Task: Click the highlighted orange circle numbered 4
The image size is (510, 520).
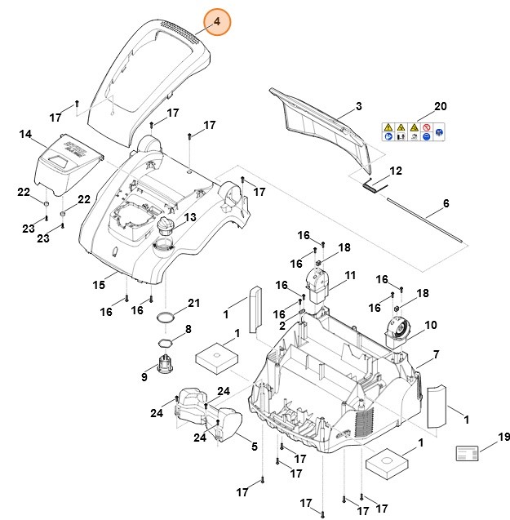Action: click(x=218, y=24)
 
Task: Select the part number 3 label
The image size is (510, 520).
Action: click(x=357, y=108)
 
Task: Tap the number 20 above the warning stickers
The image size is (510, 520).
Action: click(x=441, y=107)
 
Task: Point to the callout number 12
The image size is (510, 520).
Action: click(x=396, y=171)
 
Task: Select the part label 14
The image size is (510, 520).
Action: click(x=25, y=134)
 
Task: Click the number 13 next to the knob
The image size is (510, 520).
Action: click(x=189, y=218)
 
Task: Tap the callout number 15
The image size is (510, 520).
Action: click(x=99, y=285)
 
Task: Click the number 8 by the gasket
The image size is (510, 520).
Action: click(x=188, y=329)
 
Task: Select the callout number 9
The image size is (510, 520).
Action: click(x=144, y=377)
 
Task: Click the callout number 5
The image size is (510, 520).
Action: click(x=254, y=447)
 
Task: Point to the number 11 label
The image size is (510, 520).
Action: click(x=350, y=276)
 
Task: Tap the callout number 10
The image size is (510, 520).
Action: click(x=430, y=325)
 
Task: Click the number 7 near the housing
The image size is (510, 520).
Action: click(x=436, y=355)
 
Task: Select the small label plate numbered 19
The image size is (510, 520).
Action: click(x=468, y=454)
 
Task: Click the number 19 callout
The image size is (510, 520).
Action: click(x=503, y=438)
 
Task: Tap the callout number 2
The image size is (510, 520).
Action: click(x=282, y=326)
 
